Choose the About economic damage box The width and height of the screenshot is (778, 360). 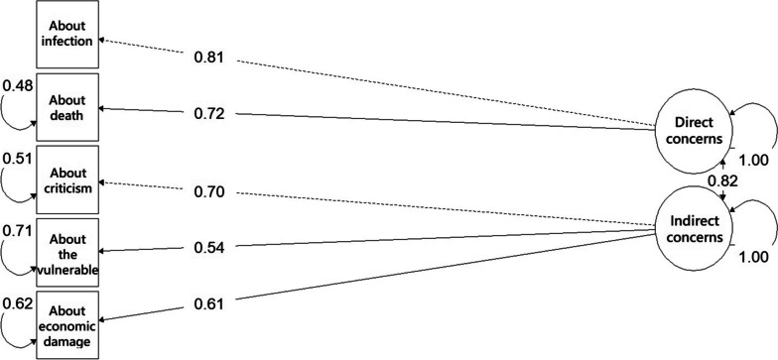click(x=67, y=324)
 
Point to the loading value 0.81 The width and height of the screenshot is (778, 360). click(x=208, y=59)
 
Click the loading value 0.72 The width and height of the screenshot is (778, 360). click(x=208, y=114)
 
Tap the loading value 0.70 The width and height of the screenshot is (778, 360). click(x=208, y=192)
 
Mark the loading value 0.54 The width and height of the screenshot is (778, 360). click(x=208, y=246)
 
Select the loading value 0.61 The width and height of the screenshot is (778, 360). click(x=208, y=299)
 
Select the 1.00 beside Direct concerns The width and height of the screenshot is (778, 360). click(x=752, y=159)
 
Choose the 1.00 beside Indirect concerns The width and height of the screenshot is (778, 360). click(x=752, y=257)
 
